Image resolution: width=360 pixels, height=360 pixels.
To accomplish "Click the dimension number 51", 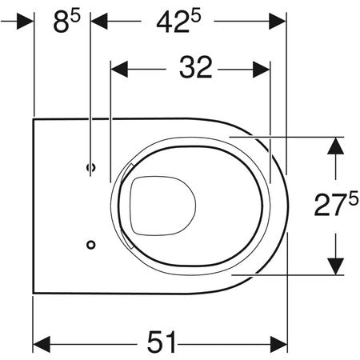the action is (x=162, y=342).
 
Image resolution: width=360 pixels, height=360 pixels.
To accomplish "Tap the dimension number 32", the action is (x=196, y=67).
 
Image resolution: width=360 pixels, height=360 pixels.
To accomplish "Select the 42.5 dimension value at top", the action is (x=178, y=21).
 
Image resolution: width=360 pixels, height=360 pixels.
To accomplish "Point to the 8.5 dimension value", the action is (x=66, y=22).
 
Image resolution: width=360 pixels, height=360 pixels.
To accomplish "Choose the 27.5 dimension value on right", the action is (x=336, y=205).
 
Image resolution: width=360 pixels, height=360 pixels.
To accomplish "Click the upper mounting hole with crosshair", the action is (x=91, y=167).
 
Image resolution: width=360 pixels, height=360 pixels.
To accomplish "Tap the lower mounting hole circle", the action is (x=91, y=245).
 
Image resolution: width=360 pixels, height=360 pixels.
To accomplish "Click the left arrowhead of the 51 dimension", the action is (x=42, y=344).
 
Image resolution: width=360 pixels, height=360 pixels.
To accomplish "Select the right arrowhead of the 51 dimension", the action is (x=278, y=344).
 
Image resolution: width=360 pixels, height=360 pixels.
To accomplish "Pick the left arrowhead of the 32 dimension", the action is (x=119, y=70).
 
